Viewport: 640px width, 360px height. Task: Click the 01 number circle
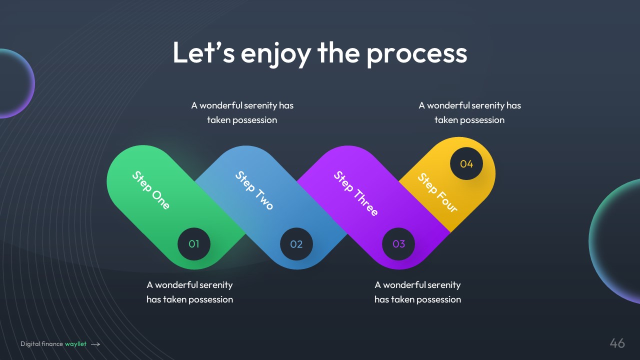pyautogui.click(x=194, y=244)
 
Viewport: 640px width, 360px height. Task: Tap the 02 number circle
pyautogui.click(x=296, y=244)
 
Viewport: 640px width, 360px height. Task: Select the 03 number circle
pyautogui.click(x=398, y=244)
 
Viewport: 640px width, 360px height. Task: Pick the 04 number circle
pyautogui.click(x=466, y=163)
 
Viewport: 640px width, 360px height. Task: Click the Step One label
pyautogui.click(x=151, y=190)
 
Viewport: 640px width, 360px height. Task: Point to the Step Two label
pyautogui.click(x=254, y=190)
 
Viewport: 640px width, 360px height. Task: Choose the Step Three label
pyautogui.click(x=355, y=193)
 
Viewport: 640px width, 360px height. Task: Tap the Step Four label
pyautogui.click(x=437, y=192)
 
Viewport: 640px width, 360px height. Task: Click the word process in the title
pyautogui.click(x=417, y=53)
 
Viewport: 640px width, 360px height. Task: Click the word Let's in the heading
pyautogui.click(x=203, y=52)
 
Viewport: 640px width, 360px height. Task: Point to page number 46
pyautogui.click(x=617, y=343)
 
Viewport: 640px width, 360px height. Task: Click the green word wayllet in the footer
pyautogui.click(x=75, y=344)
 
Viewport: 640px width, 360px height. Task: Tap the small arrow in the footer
pyautogui.click(x=95, y=344)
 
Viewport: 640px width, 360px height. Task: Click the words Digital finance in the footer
pyautogui.click(x=41, y=344)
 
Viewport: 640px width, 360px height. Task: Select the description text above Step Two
pyautogui.click(x=242, y=112)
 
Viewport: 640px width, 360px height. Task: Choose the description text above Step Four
pyautogui.click(x=469, y=112)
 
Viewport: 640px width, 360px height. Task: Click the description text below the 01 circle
pyautogui.click(x=189, y=292)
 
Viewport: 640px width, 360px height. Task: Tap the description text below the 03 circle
pyautogui.click(x=417, y=292)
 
